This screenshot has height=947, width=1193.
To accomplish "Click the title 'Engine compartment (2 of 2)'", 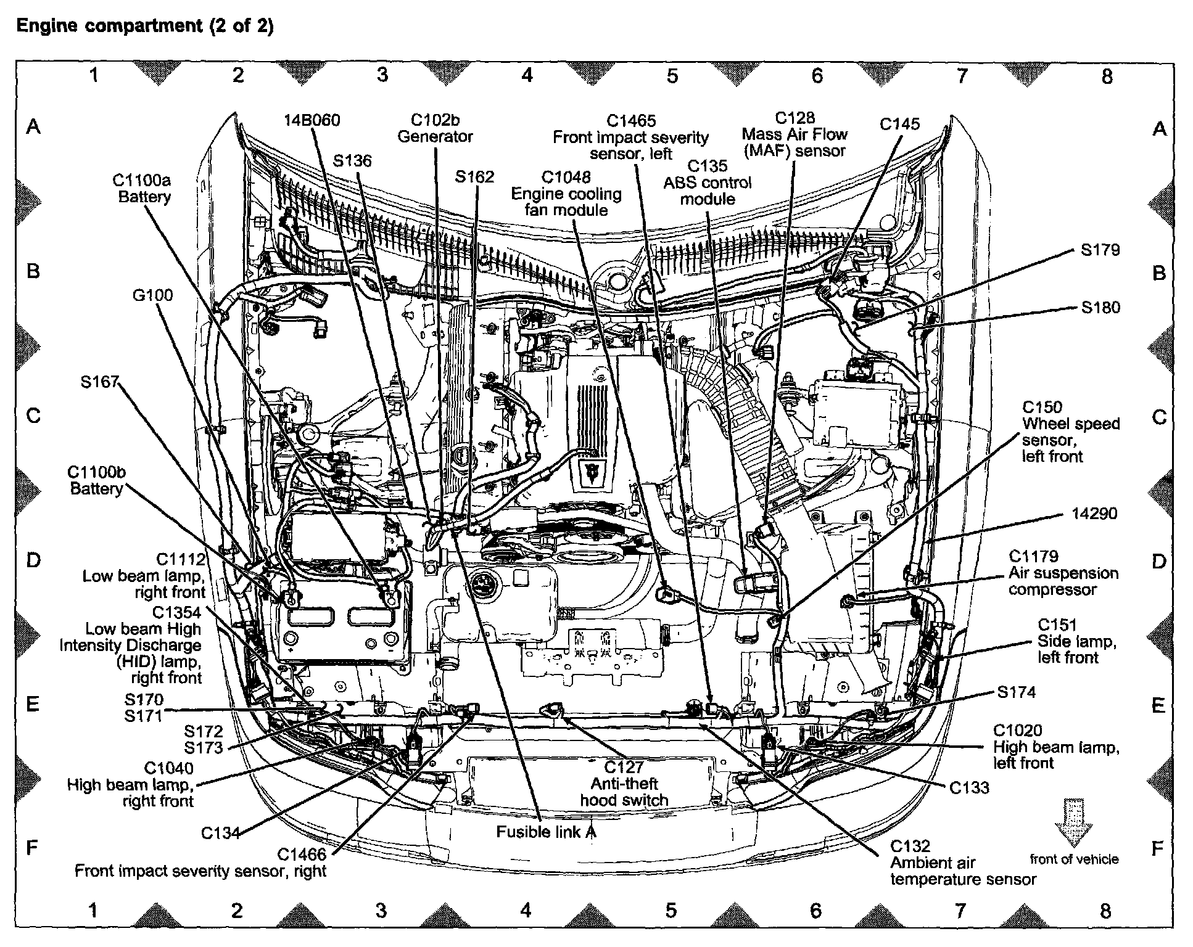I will click(144, 26).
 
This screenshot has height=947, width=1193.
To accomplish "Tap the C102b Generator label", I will click(435, 128).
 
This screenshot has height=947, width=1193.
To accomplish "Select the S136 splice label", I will click(352, 161).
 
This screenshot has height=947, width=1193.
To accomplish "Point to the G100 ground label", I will click(153, 295).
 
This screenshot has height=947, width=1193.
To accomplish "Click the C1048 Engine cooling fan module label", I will click(566, 194).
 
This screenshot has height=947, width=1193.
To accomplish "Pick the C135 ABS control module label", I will click(708, 182).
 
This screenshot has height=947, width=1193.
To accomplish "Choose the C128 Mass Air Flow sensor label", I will click(795, 134).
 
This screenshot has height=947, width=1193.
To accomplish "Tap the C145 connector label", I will click(899, 124).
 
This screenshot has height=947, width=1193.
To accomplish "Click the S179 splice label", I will click(1100, 250).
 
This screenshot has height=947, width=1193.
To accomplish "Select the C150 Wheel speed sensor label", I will click(1070, 432).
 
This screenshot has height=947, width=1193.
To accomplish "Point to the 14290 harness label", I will click(1094, 513).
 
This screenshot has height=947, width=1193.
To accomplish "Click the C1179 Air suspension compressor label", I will click(1063, 573).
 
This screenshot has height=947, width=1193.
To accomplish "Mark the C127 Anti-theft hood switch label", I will click(624, 784).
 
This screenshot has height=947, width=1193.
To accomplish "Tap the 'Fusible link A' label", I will click(547, 832).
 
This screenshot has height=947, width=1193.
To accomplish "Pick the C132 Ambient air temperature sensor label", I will click(962, 863).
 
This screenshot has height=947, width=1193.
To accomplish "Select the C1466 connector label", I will click(302, 854).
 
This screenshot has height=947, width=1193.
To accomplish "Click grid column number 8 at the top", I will click(1107, 76).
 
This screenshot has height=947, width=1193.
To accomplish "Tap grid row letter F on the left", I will click(33, 848).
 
